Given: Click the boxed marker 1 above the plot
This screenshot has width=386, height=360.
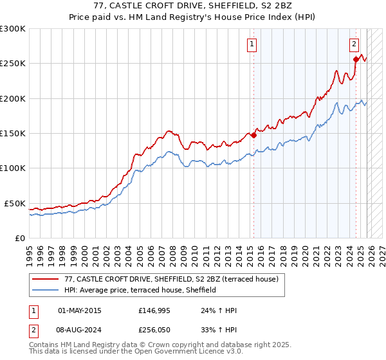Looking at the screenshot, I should click(x=251, y=44).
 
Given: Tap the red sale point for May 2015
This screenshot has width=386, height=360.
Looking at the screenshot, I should click(x=253, y=135).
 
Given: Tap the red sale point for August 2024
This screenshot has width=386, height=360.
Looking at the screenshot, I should click(x=356, y=59).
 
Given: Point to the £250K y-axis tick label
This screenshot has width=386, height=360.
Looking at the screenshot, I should click(x=13, y=64).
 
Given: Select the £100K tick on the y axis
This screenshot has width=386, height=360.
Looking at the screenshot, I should click(x=13, y=168).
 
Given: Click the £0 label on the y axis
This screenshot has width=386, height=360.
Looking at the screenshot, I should click(x=21, y=238).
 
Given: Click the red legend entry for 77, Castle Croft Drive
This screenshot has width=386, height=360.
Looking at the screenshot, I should click(x=170, y=279).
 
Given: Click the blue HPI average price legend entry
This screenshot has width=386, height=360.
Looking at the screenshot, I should click(x=140, y=291).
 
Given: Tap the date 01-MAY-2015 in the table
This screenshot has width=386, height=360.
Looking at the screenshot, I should click(x=79, y=310).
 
